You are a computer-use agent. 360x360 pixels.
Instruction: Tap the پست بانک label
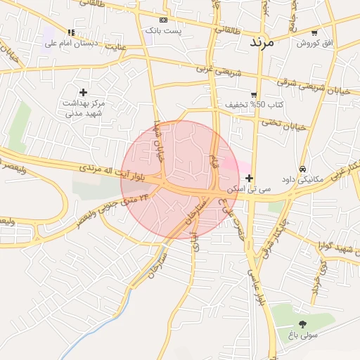pyautogui.click(x=164, y=31)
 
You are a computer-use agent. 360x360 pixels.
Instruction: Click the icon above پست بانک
pyautogui.click(x=164, y=20)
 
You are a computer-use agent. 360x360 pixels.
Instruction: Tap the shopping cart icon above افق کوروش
pyautogui.click(x=314, y=33)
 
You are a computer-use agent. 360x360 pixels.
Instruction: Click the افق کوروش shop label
pyautogui.click(x=314, y=44)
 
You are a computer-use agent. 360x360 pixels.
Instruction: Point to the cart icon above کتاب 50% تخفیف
pyautogui.click(x=254, y=94)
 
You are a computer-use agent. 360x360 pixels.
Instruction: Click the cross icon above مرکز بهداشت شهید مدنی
pyautogui.click(x=84, y=92)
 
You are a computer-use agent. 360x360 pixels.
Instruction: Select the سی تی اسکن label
pyautogui.click(x=249, y=189)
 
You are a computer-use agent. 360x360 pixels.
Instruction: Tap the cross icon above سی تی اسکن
pyautogui.click(x=250, y=179)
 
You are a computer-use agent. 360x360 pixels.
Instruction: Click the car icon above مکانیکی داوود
pyautogui.click(x=302, y=169)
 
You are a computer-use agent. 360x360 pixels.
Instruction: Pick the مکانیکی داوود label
pyautogui.click(x=302, y=179)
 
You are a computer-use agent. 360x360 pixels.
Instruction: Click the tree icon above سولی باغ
pyautogui.click(x=303, y=324)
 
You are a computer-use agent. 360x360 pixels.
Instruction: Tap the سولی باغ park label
pyautogui.click(x=303, y=335)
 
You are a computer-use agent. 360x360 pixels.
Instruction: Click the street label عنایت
pyautogui.click(x=116, y=47)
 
